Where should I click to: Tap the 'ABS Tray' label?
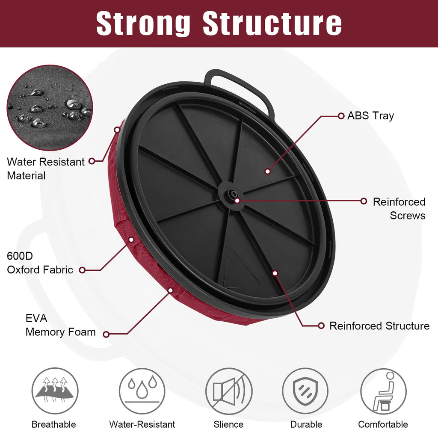pos(371,116)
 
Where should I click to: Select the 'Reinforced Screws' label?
pos(399,209)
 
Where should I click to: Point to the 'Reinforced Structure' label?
pos(379,326)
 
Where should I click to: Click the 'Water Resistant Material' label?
pos(45,169)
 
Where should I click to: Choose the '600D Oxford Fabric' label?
pos(40,263)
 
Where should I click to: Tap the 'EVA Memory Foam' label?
pos(61,325)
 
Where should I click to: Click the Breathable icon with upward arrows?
pos(55,391)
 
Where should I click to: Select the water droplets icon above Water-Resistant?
pos(142,391)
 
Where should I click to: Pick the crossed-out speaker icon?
pos(229,391)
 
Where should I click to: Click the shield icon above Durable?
pos(305,391)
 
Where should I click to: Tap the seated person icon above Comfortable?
pos(383,391)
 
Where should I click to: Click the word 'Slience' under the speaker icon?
pos(228,424)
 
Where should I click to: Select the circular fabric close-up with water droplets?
pos(50,108)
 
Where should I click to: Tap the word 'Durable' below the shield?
pos(306,424)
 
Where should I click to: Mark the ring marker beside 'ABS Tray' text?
pos(341,116)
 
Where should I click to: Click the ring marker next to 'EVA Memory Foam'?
pos(106,334)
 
